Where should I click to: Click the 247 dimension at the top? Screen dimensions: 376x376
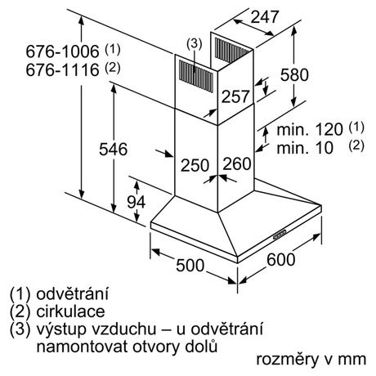265,17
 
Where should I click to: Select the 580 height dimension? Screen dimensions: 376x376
294,75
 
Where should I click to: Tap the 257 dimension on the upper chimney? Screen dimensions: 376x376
235,96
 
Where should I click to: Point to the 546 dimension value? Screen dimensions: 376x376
113,150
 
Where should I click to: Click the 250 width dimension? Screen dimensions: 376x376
195,165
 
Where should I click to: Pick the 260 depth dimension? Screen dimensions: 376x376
237,163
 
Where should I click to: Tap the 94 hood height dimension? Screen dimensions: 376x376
137,202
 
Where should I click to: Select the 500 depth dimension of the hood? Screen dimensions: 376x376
190,266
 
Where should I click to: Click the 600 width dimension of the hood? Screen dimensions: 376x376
281,259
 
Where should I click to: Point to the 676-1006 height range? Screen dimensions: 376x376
62,51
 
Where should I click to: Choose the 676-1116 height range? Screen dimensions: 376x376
62,70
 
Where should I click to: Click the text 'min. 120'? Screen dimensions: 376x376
310,129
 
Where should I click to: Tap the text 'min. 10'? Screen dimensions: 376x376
305,148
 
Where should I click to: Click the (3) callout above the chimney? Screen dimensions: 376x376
195,44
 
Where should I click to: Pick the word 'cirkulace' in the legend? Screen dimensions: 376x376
70,311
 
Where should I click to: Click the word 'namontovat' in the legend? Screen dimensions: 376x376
82,347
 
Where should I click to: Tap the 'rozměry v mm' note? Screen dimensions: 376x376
311,359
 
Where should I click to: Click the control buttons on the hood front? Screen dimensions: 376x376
280,235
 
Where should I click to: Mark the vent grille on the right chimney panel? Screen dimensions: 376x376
231,50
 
